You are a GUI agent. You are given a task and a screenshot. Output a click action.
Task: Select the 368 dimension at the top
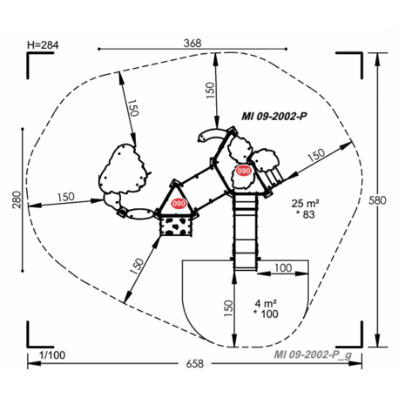click(194, 43)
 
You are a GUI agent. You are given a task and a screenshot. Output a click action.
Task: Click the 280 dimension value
click(15, 200)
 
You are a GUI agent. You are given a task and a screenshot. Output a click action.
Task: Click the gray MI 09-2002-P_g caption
click(313, 354)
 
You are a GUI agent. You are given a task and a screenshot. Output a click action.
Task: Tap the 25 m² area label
click(306, 202)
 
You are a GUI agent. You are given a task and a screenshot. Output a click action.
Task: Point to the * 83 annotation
click(306, 214)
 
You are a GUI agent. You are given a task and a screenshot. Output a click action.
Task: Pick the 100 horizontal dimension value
click(282, 267)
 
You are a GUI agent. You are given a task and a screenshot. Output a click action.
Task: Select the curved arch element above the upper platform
click(212, 134)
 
